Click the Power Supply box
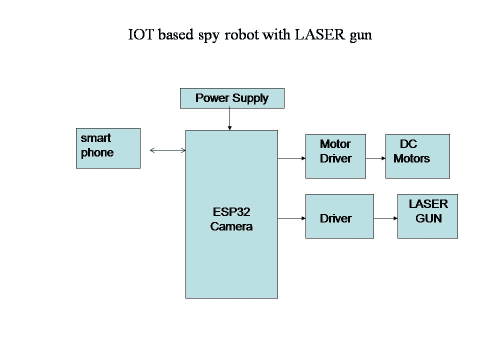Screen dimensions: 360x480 232,98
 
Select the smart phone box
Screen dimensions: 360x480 108,148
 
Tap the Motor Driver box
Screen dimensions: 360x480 335,156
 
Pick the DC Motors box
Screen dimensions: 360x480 417,156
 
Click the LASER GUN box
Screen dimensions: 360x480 427,216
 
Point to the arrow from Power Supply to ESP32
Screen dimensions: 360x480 229,119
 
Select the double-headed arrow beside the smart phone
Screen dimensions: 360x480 168,149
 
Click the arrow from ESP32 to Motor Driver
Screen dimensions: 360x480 291,158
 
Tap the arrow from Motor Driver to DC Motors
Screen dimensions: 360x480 375,158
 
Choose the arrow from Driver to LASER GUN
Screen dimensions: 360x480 385,218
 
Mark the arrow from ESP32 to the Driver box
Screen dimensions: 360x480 291,218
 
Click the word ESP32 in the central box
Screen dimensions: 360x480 231,212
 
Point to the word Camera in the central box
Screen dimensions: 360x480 231,226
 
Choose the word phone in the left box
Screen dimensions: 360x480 97,153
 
